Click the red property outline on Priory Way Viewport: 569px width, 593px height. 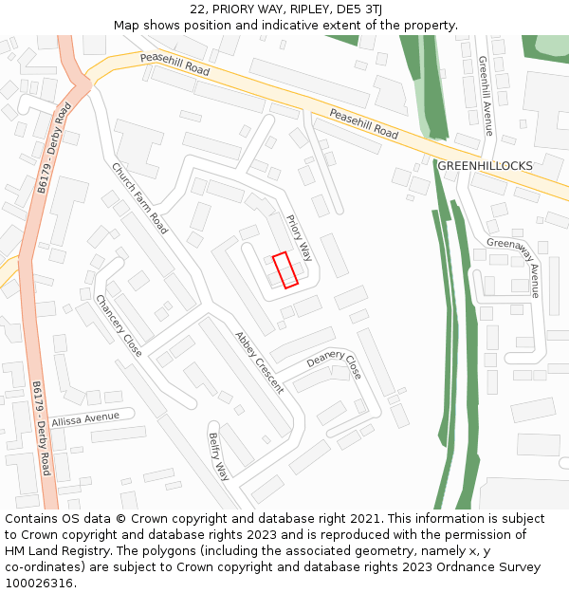point(284,269)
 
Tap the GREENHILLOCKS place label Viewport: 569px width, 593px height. point(485,166)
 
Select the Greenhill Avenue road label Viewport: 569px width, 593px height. point(486,95)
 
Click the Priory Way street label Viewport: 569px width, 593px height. point(299,237)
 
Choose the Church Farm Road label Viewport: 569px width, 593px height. point(139,198)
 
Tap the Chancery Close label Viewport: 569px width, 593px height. point(119,325)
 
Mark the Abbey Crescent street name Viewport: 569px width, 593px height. point(259,361)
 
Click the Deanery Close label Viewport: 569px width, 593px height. point(334,363)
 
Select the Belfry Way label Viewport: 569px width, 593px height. point(219,456)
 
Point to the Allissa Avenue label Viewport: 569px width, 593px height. point(86,418)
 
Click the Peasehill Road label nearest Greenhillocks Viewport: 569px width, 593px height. point(363,123)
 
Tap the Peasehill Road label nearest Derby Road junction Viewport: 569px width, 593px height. point(174,65)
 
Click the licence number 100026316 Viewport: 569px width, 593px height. point(39,583)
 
